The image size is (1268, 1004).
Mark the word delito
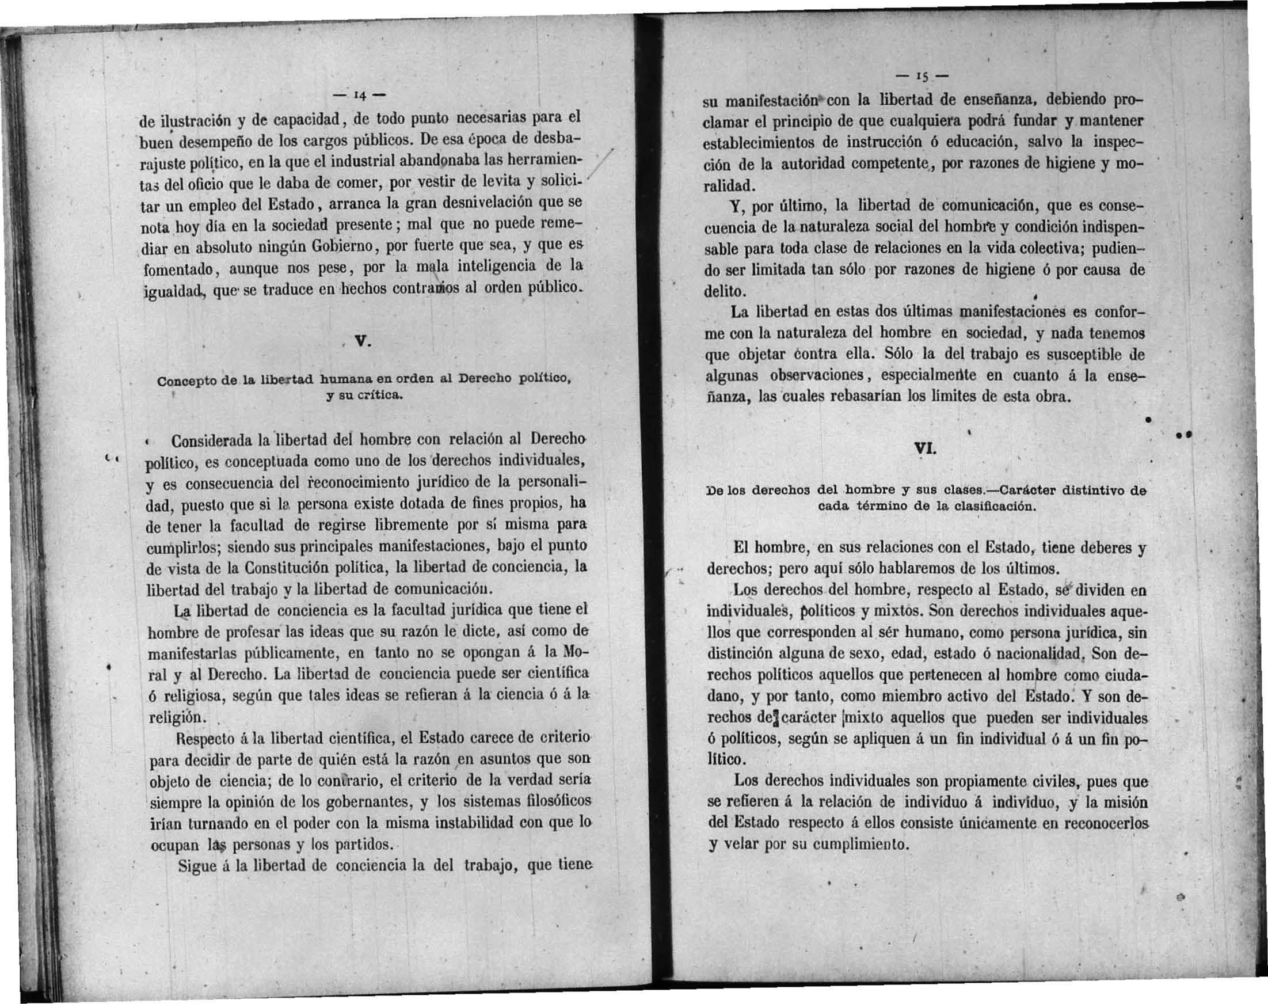[725, 291]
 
